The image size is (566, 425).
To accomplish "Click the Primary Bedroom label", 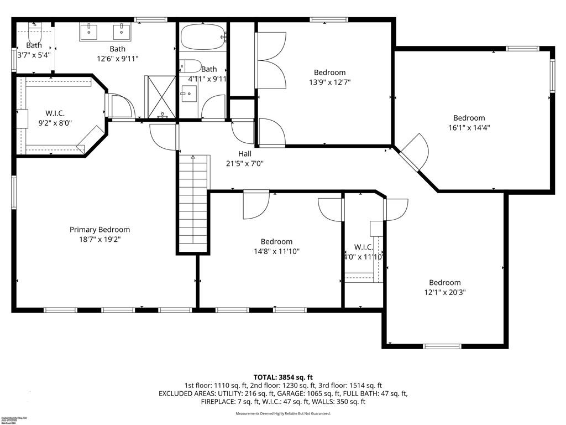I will [x=99, y=230].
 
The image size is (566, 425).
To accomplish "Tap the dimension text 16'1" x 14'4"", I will [x=469, y=127].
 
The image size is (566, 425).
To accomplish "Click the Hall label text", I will [x=245, y=153].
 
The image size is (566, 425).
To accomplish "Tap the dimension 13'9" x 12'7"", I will [x=330, y=82].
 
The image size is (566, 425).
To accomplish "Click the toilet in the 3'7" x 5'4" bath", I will [x=35, y=25].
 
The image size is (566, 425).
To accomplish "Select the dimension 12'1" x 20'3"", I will [x=444, y=292].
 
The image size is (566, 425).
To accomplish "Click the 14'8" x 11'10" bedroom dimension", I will [x=276, y=251].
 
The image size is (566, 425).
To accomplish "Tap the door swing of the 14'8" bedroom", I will [x=256, y=204].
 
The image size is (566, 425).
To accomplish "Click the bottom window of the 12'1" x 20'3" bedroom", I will [x=442, y=346].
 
